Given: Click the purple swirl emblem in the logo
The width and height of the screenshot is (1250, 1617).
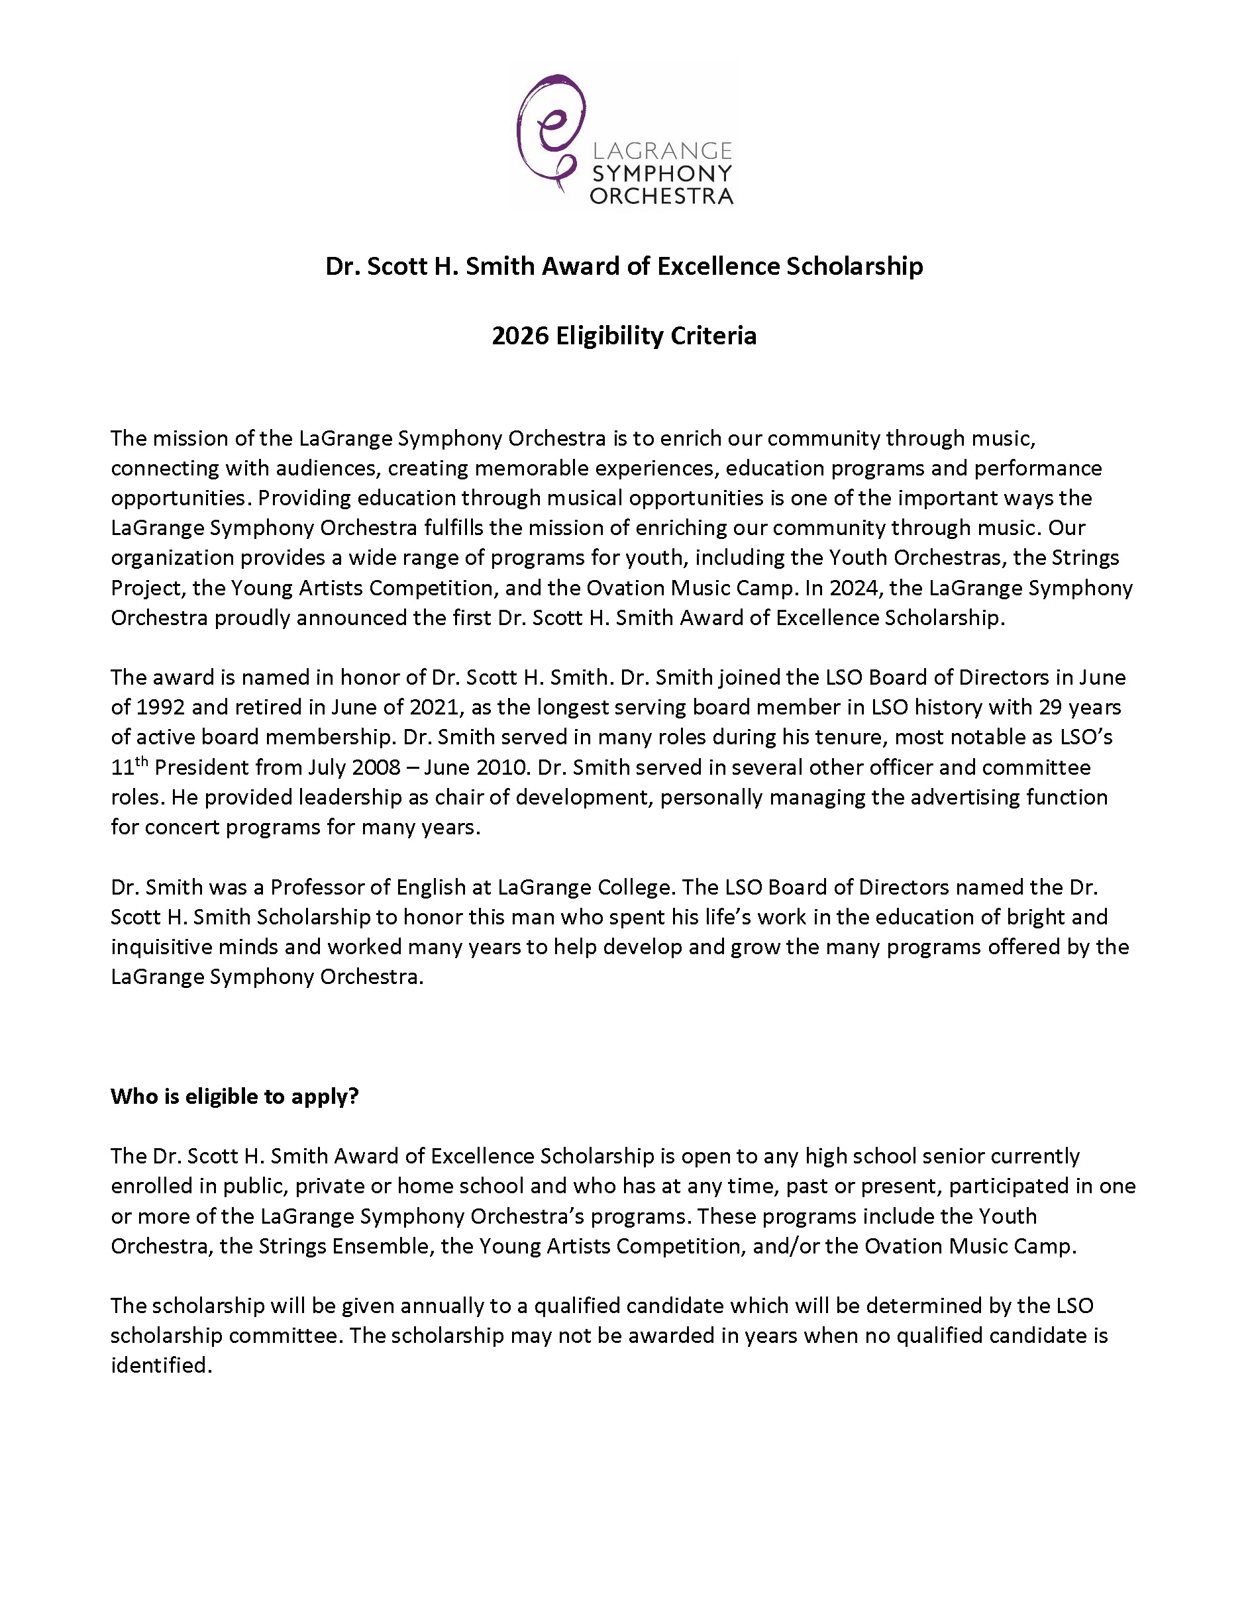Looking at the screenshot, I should coord(548,130).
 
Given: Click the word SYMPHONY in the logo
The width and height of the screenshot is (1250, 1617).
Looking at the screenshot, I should coord(661,173).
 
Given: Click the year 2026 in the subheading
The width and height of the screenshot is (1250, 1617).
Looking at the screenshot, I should coord(520,336).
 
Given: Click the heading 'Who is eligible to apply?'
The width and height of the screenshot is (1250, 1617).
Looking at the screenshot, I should coord(234,1097).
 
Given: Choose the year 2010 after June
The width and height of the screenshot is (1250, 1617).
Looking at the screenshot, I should coord(504,767).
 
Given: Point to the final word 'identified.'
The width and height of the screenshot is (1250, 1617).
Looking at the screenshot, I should coord(162,1365).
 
